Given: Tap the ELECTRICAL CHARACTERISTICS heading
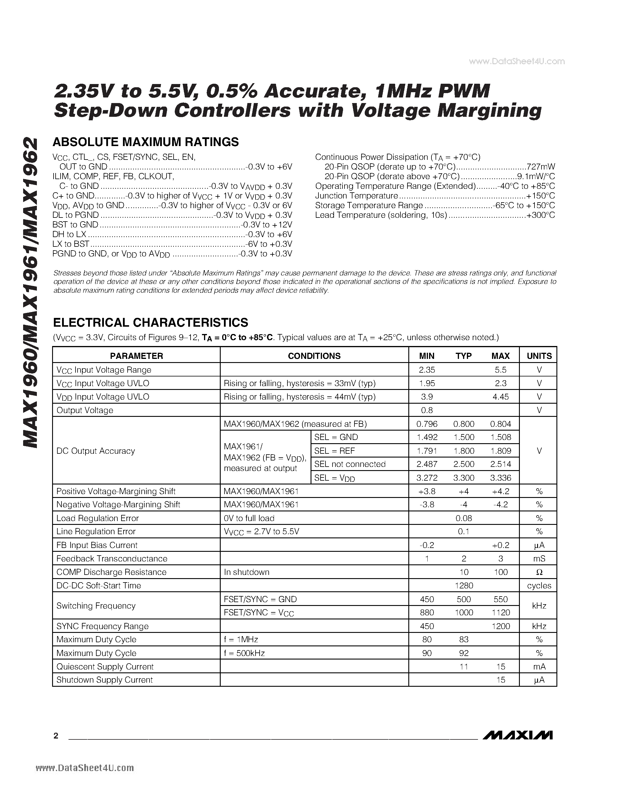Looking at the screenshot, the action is point(150,323).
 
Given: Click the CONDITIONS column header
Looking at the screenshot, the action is point(314,356).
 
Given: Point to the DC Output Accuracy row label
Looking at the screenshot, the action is point(95,451).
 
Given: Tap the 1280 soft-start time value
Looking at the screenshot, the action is point(464,585).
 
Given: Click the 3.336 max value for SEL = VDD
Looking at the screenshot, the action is point(501,478).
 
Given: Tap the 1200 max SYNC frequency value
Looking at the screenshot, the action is point(501,626).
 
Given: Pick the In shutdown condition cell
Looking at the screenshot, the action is point(246,572).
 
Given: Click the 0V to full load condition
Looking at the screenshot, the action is point(249,518).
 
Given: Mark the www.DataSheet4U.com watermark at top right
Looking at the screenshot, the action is point(517,61).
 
